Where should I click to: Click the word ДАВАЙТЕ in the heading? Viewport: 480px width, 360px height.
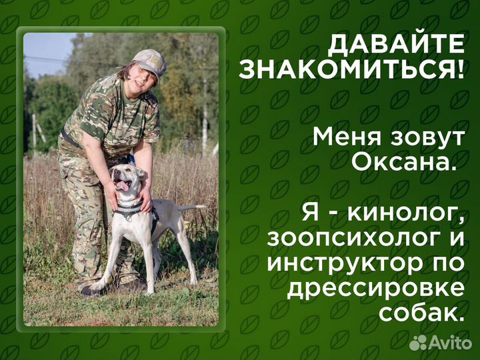coord(396,44)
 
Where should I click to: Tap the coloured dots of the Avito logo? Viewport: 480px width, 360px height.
coord(419,342)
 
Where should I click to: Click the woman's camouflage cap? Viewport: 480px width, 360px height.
coord(150,61)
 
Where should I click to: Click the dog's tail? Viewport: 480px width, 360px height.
coord(191,208)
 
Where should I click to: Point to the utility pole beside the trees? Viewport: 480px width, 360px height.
coord(204,120)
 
